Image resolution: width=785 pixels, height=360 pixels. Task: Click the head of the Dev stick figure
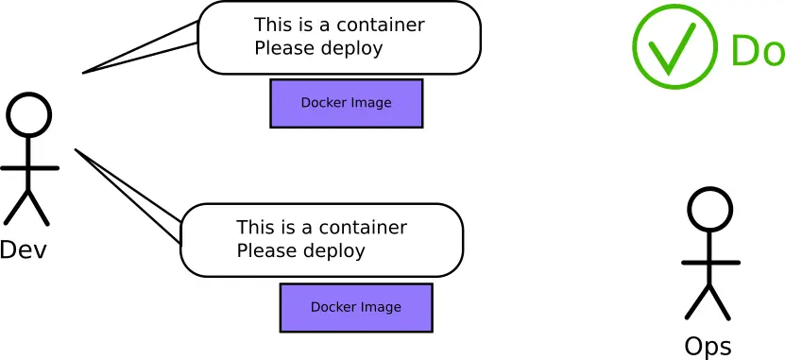(x=28, y=113)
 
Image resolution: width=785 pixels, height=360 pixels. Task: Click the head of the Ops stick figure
(x=709, y=210)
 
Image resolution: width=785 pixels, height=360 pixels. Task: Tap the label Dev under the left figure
(x=24, y=249)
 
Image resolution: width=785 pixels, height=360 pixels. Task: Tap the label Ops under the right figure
(x=708, y=347)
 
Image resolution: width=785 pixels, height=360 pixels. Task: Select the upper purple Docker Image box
(x=346, y=103)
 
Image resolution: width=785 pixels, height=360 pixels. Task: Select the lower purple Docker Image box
(x=356, y=307)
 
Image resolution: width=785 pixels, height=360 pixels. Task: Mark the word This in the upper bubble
(x=273, y=26)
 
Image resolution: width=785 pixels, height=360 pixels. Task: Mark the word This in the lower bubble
(x=255, y=228)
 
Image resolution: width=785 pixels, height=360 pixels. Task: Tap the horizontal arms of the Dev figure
(x=29, y=168)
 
